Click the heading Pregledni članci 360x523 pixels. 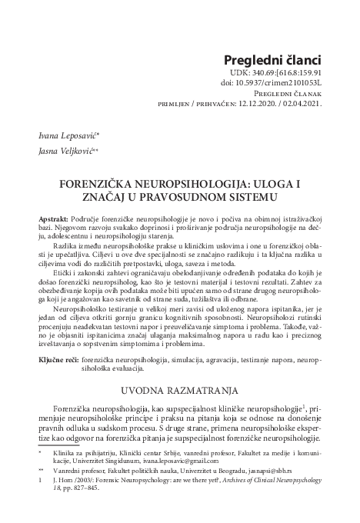[x=271, y=62]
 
